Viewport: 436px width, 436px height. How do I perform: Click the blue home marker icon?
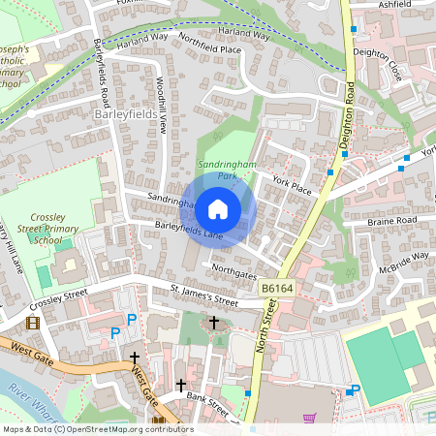click(218, 207)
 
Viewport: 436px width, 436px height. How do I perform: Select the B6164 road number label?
click(276, 288)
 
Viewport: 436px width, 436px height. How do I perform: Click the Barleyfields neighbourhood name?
click(125, 114)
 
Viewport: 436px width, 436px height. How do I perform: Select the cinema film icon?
click(35, 323)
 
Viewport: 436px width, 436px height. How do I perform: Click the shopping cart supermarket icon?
click(308, 419)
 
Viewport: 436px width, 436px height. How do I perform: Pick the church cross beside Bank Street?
click(180, 386)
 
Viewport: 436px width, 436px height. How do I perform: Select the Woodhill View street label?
click(164, 107)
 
